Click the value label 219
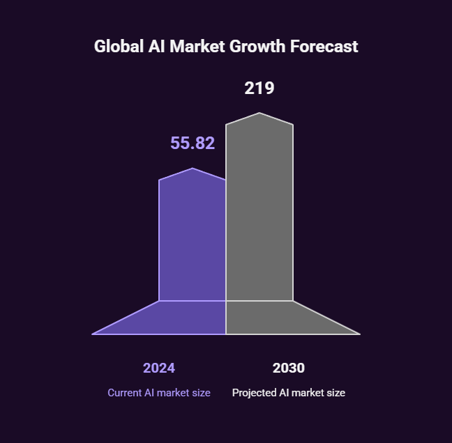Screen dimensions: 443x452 tap(259, 88)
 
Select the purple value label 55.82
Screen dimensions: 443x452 tap(193, 143)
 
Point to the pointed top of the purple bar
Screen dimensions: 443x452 tap(193, 169)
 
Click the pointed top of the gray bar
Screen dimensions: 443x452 tap(259, 113)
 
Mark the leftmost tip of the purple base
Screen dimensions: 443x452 tap(93, 334)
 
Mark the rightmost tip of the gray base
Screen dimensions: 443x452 tap(359, 334)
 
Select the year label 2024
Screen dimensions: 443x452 tap(159, 368)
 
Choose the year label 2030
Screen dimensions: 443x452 tap(289, 368)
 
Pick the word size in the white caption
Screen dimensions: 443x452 tap(336, 393)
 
